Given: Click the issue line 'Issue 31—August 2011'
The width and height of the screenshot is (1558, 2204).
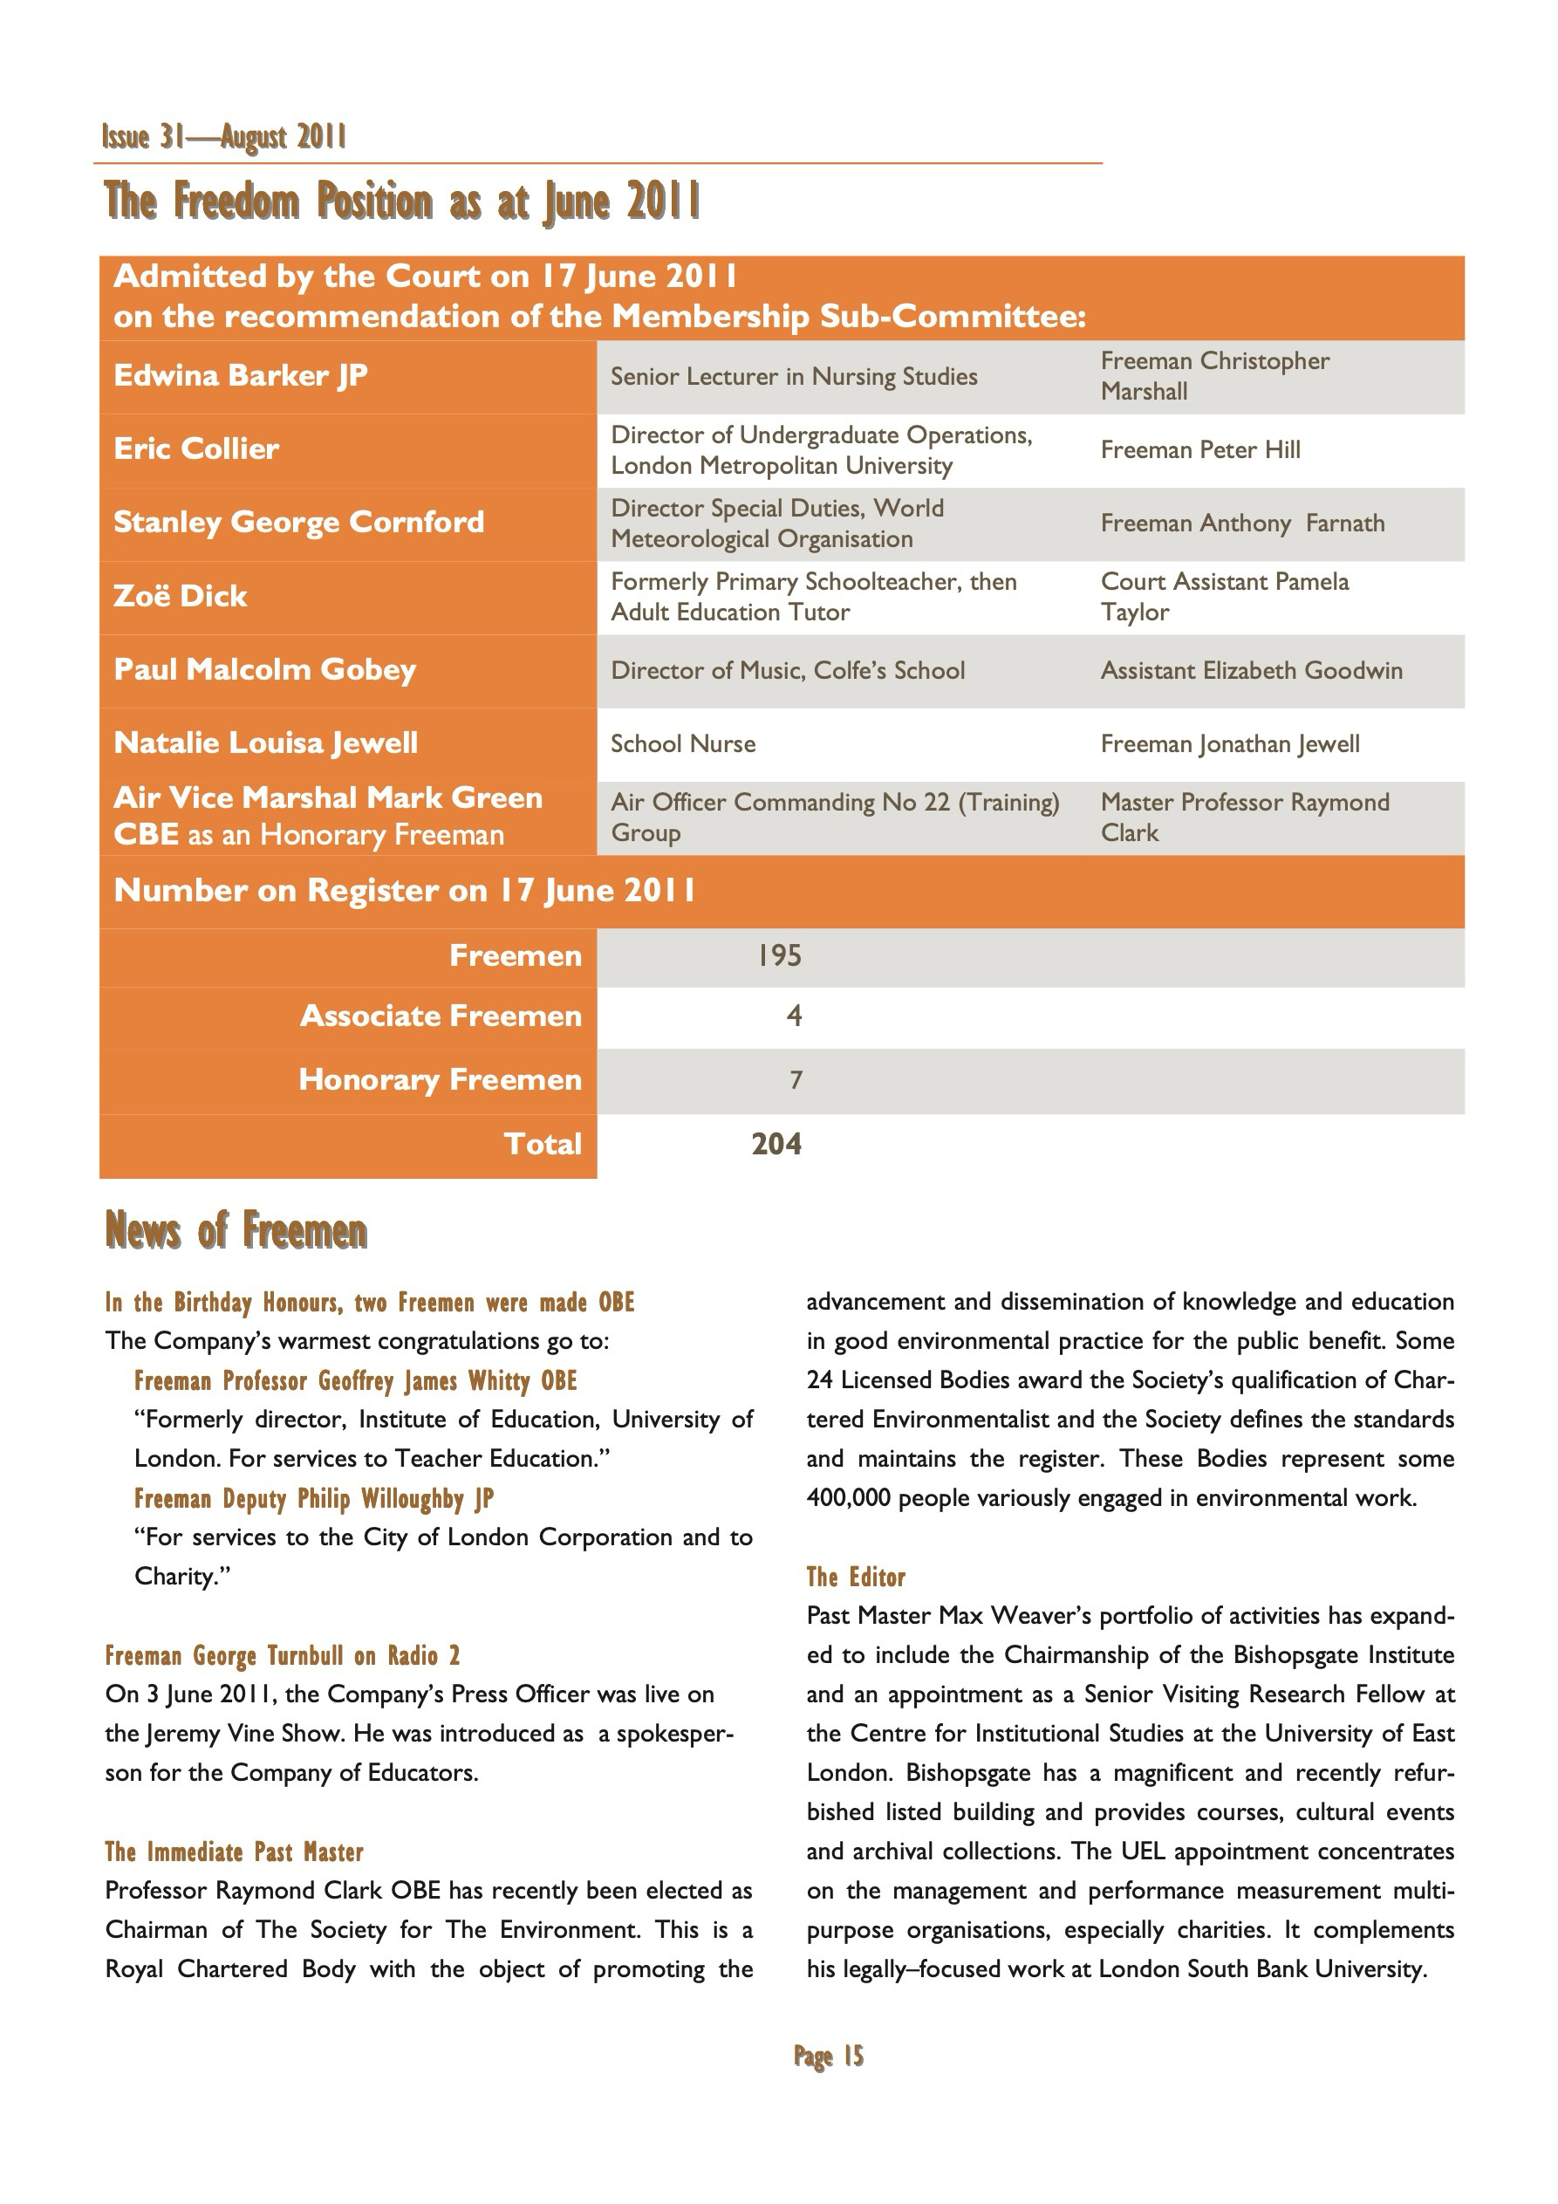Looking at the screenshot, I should pos(225,137).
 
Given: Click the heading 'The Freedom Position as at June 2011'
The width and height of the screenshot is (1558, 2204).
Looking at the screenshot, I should pos(402,202).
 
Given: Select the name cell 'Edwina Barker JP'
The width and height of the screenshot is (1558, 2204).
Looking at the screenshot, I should pos(240,375).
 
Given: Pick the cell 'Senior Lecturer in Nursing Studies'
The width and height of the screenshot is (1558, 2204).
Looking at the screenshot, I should pos(794,376).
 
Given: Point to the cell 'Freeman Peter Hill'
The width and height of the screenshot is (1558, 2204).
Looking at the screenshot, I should pos(1200,449).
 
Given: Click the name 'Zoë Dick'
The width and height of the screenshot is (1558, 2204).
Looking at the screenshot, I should pos(180,596).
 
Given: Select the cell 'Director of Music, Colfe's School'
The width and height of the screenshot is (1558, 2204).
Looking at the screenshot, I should pos(787,670).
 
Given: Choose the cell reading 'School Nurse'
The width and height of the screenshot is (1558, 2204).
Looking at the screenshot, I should pos(682,744).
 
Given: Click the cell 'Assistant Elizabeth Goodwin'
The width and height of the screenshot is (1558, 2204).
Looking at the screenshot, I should pos(1251,670).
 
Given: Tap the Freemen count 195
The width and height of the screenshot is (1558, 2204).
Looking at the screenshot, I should pos(778,955).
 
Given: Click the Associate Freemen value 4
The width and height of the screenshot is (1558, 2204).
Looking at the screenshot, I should pos(794,1016).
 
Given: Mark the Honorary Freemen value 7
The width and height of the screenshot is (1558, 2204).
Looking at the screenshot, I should pos(795,1080).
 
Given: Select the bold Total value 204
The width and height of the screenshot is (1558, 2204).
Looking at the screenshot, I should pos(776,1143).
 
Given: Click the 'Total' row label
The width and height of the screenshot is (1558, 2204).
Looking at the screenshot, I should pos(543,1143).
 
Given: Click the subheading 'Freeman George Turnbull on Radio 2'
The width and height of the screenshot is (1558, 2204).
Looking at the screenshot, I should pos(283,1656).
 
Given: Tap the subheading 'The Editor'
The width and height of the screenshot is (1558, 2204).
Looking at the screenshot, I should pos(855,1578).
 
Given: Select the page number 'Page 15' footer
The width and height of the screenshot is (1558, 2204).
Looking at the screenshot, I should pos(829,2057).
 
